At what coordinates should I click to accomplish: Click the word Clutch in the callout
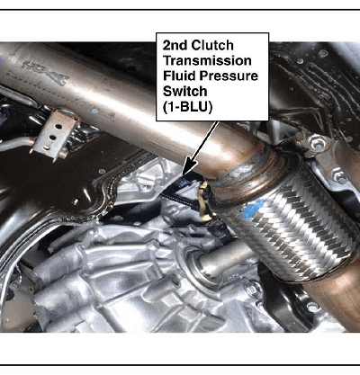pos(212,45)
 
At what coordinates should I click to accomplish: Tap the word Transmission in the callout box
pos(207,60)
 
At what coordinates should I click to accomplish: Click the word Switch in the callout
pos(184,91)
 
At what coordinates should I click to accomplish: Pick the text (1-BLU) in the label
pos(187,107)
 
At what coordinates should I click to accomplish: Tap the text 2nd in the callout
pos(175,45)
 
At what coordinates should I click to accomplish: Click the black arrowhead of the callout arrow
pos(189,167)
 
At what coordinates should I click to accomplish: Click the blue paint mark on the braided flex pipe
pos(254,209)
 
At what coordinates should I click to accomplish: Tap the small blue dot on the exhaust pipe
pos(94,112)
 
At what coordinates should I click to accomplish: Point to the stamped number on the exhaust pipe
pos(46,71)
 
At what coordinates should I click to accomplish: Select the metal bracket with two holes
pos(54,134)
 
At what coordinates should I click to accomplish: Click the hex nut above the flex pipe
pos(318,141)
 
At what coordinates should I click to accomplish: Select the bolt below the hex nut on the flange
pos(339,176)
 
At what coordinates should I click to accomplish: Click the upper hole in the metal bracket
pos(58,126)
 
